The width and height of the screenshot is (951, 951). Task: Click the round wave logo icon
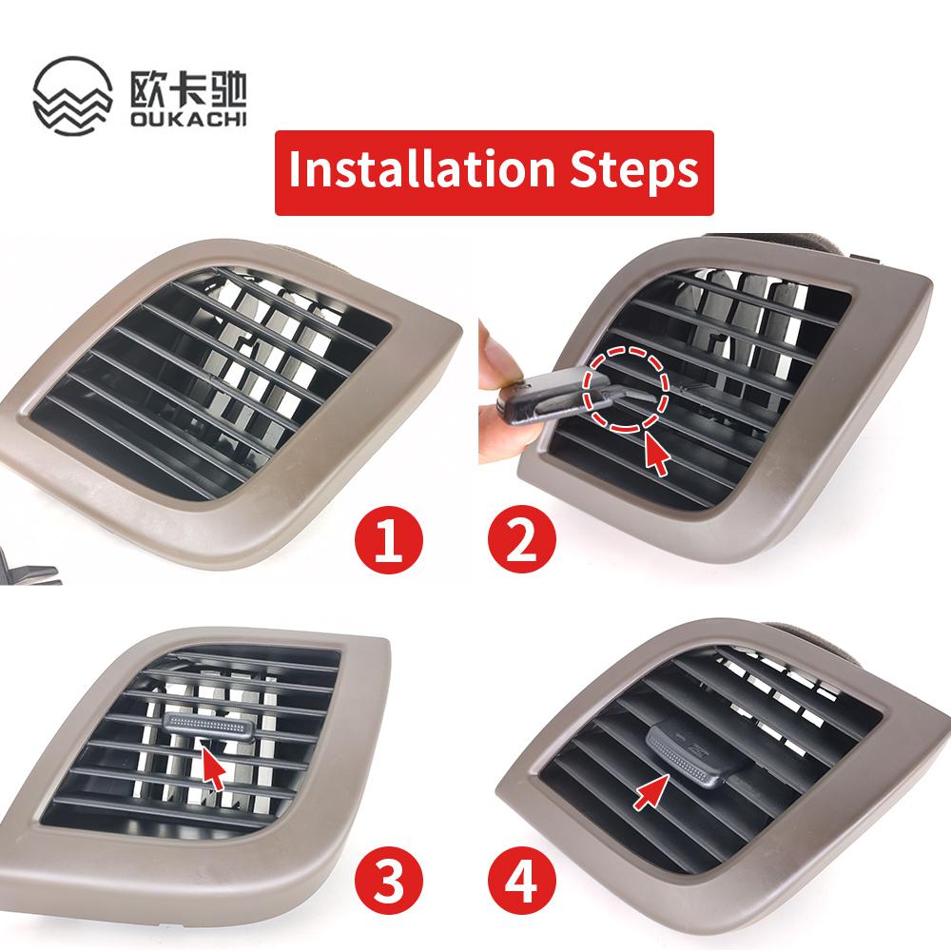73,95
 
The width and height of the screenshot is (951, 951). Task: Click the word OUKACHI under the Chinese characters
188,118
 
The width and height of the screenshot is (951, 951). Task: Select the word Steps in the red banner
634,171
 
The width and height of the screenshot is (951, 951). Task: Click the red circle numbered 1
389,539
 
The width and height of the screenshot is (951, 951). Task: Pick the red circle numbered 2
521,539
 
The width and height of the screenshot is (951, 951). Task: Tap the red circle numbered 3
389,882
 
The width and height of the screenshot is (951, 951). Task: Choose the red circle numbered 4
521,882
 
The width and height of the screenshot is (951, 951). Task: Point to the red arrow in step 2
656,454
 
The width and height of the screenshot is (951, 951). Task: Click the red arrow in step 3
213,767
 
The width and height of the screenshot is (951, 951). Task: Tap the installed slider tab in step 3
207,726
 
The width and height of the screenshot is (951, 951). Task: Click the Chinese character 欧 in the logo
147,89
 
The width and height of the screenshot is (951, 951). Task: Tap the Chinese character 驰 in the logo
227,89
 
